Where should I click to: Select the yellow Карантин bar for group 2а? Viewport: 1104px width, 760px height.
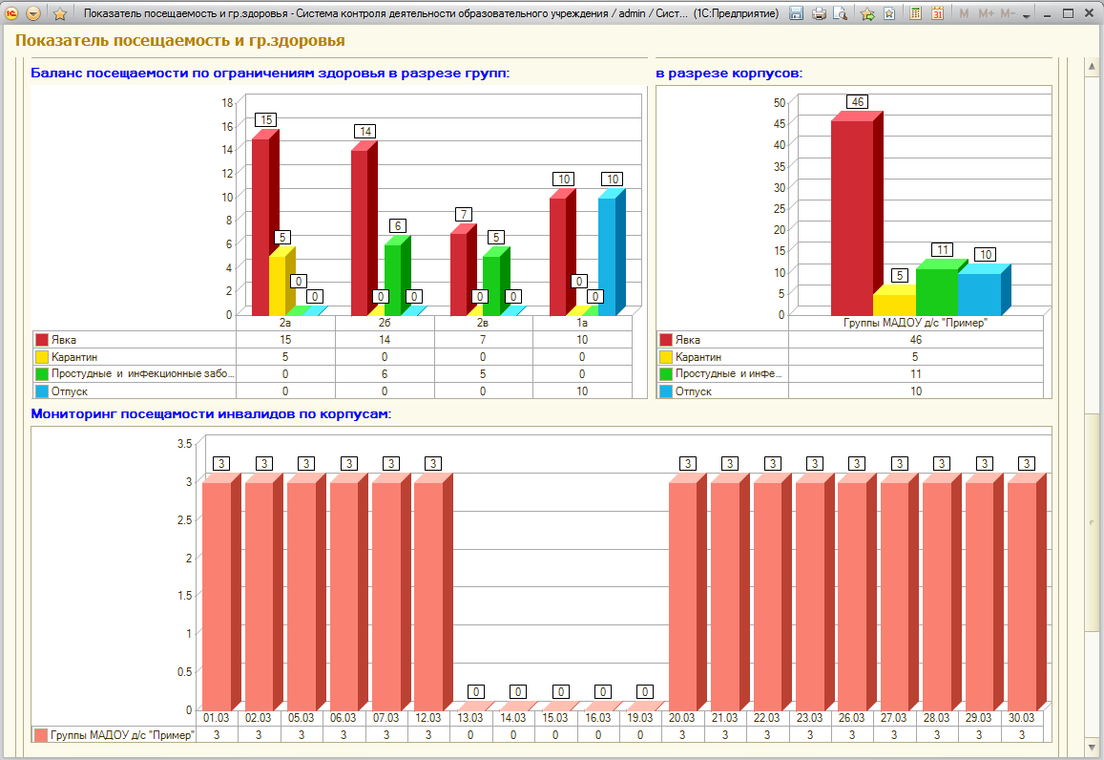point(281,281)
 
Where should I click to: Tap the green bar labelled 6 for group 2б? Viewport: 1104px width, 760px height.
point(397,275)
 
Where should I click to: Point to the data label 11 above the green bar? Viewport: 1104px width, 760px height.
point(942,249)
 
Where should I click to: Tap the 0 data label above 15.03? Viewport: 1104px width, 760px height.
point(560,691)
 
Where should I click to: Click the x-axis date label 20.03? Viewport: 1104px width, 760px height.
point(681,718)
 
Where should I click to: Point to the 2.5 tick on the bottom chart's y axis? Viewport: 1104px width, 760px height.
point(184,519)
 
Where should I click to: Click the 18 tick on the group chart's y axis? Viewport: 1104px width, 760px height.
point(227,102)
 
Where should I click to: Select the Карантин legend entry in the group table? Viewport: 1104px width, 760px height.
point(73,357)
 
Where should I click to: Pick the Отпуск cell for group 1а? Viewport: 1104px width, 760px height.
point(582,391)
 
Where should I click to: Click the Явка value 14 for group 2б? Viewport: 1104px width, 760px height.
point(385,340)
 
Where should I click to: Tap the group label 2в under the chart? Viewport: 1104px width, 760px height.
point(482,323)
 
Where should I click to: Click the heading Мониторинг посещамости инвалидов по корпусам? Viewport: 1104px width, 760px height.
point(211,413)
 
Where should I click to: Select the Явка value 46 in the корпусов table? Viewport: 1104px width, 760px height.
point(915,340)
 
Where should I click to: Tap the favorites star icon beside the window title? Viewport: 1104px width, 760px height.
point(60,13)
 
